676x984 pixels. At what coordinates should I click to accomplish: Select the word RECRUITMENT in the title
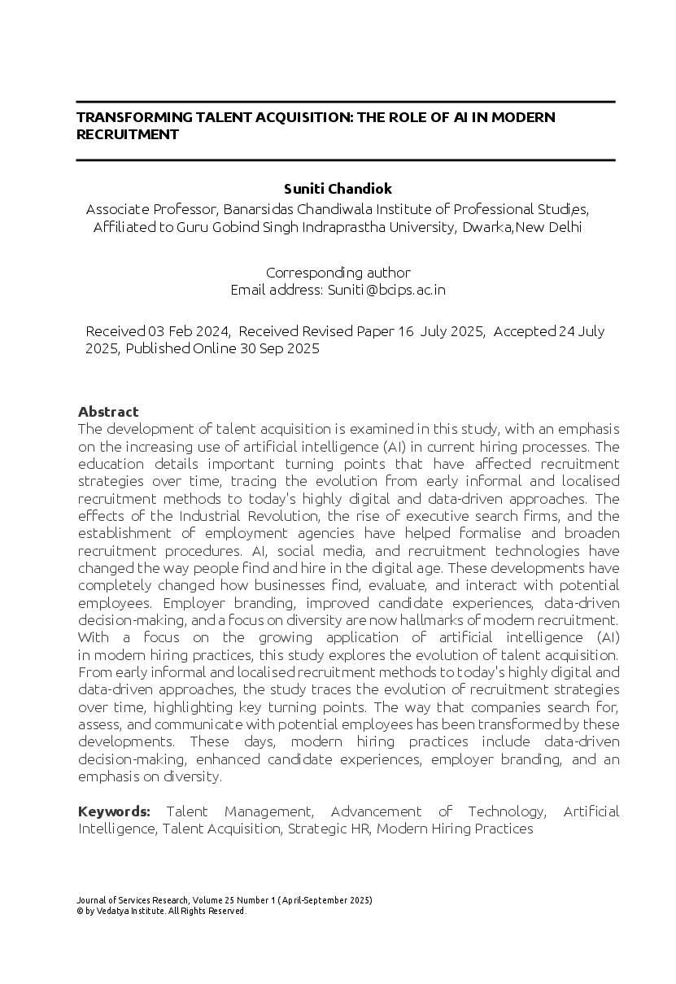(x=127, y=134)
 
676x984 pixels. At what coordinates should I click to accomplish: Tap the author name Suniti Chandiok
(x=338, y=189)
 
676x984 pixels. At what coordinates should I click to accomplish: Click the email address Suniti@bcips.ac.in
(x=386, y=290)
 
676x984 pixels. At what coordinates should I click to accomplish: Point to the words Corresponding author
(x=338, y=273)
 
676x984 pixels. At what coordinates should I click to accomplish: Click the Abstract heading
(x=108, y=411)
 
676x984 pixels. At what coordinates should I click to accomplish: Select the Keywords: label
(x=114, y=811)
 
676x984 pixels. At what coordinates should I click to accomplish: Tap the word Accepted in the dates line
(x=525, y=331)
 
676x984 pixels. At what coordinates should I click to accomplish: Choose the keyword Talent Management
(x=239, y=811)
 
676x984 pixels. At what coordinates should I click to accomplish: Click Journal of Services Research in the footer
(x=133, y=900)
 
